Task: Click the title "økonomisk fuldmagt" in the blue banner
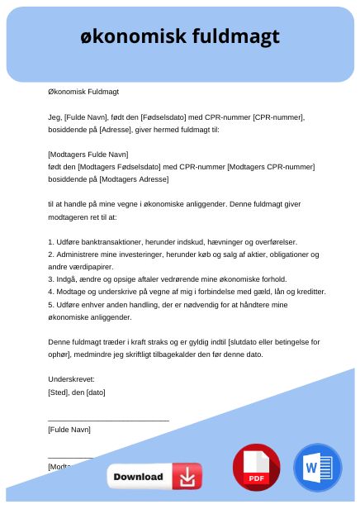(x=180, y=36)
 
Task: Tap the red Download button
(x=154, y=477)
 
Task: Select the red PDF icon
(x=256, y=468)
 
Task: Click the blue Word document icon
(x=317, y=468)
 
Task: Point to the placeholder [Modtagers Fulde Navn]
(x=88, y=155)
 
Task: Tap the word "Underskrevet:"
(x=72, y=379)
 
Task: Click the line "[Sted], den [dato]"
(x=77, y=392)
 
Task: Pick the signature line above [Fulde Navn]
(x=108, y=421)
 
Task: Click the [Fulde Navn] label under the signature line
(x=69, y=430)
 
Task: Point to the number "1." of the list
(x=51, y=241)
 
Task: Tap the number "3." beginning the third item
(x=51, y=279)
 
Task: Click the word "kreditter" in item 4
(x=308, y=292)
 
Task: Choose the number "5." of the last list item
(x=51, y=305)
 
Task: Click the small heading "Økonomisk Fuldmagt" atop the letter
(x=83, y=92)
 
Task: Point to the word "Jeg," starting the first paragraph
(x=55, y=117)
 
